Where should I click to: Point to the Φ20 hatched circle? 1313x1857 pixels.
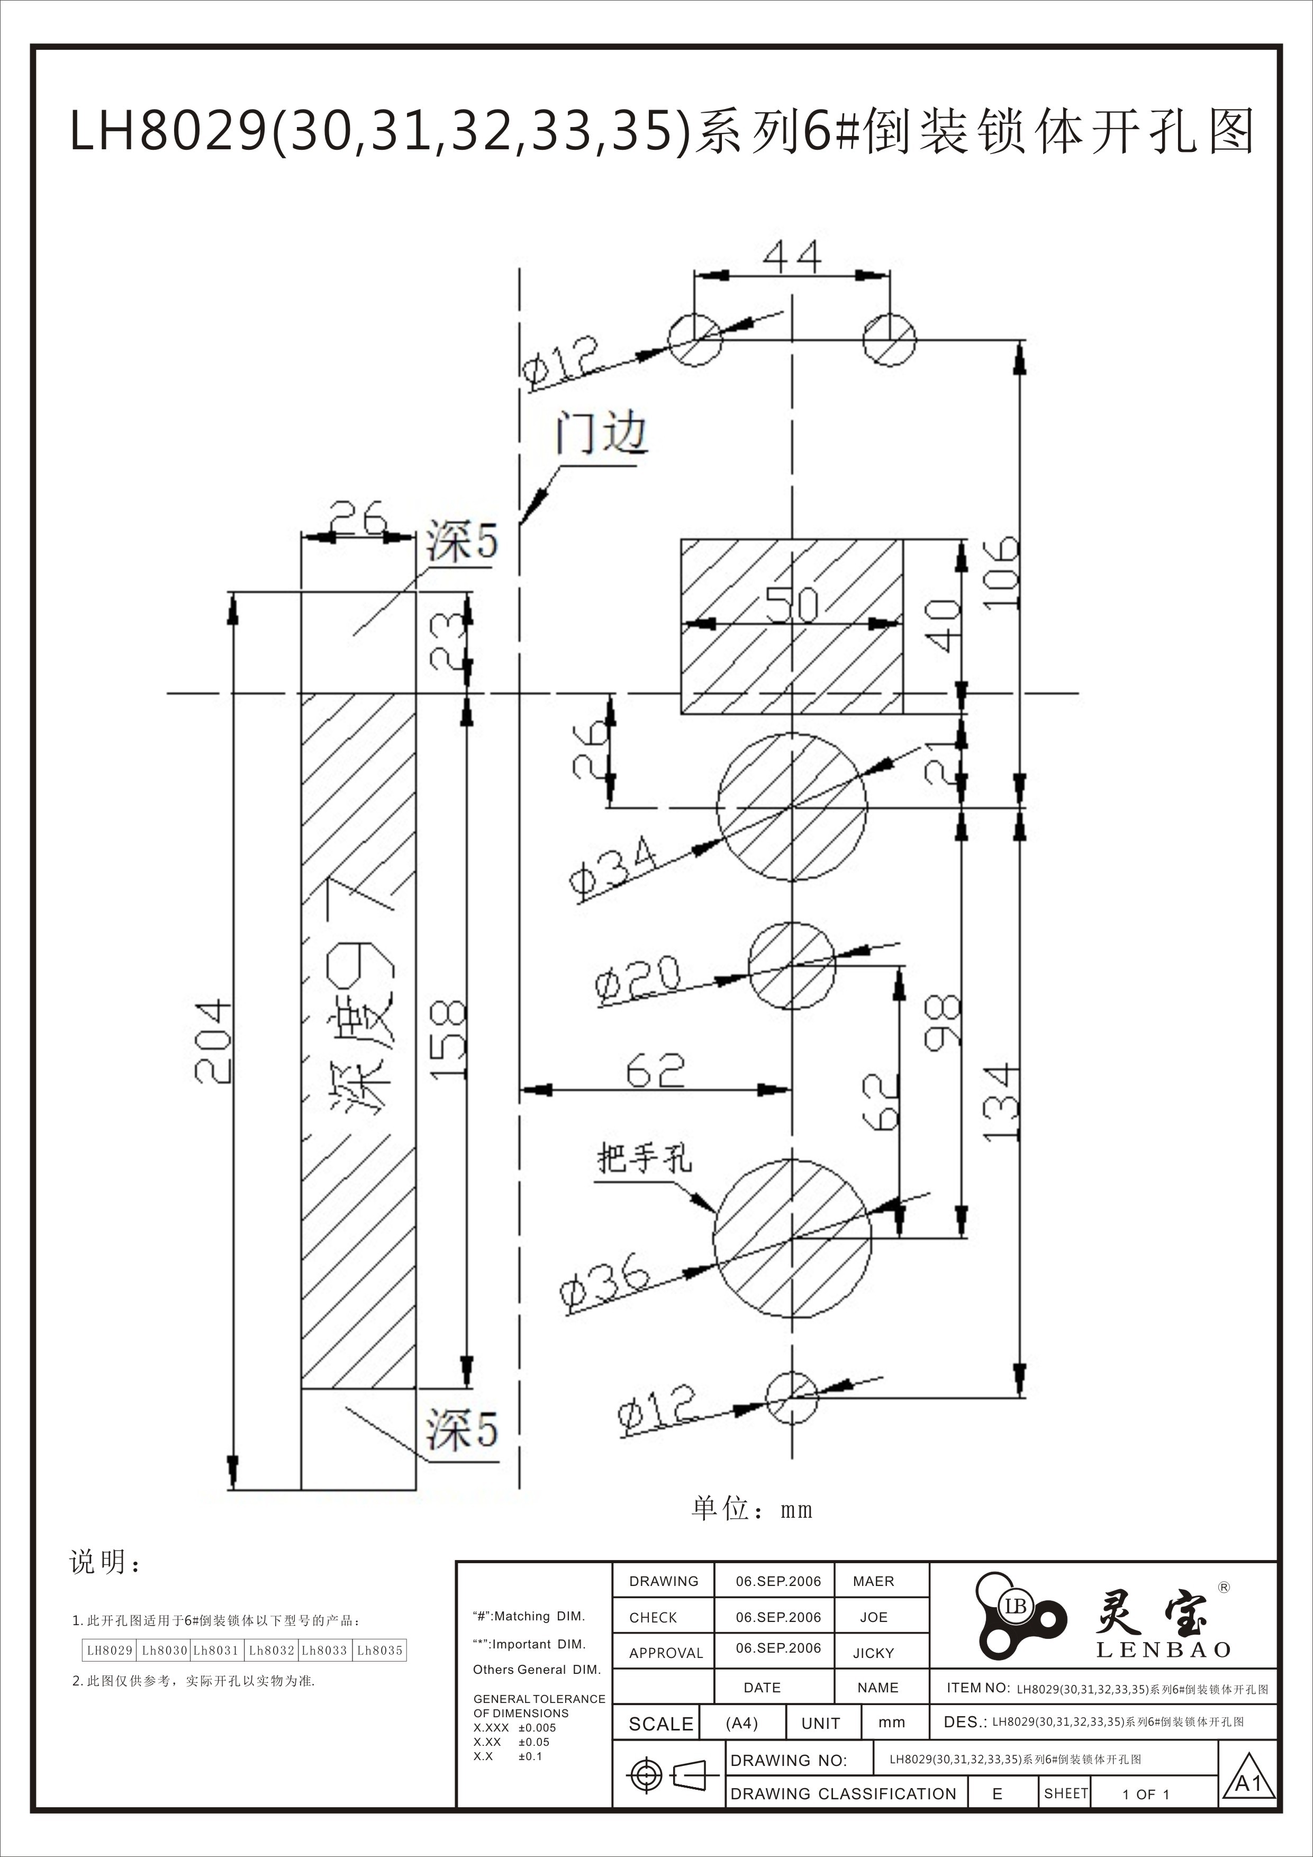(792, 965)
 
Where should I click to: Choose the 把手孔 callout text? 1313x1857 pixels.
(645, 1159)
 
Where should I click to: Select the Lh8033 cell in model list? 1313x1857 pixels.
(324, 1650)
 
